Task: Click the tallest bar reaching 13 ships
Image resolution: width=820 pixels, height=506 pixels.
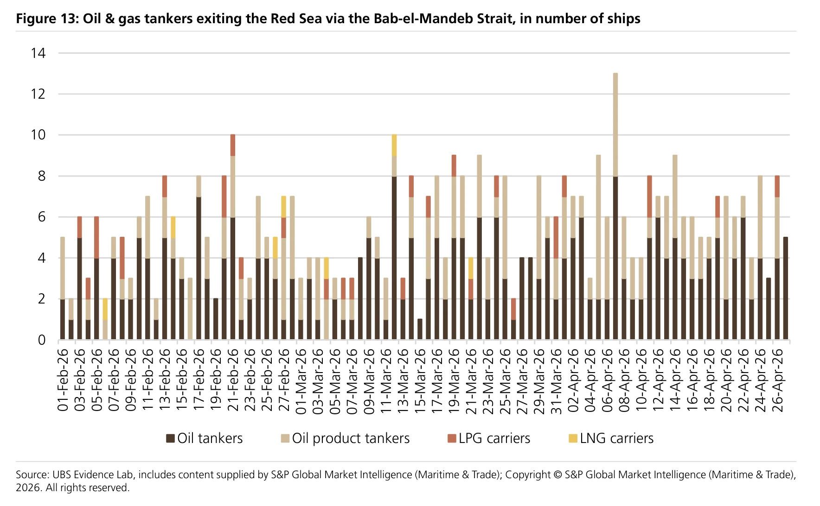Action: pyautogui.click(x=615, y=206)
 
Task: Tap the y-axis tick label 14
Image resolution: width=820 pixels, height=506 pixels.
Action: pyautogui.click(x=38, y=53)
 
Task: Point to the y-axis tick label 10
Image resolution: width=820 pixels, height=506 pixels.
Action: pyautogui.click(x=38, y=135)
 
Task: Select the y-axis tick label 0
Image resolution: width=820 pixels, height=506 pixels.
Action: pyautogui.click(x=42, y=340)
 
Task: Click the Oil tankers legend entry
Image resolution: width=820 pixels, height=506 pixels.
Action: pyautogui.click(x=205, y=438)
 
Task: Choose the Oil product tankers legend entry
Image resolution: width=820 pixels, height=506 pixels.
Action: pyautogui.click(x=346, y=438)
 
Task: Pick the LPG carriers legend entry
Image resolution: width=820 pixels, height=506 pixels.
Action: pyautogui.click(x=489, y=438)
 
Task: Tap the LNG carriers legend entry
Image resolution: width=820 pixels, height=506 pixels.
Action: pyautogui.click(x=611, y=438)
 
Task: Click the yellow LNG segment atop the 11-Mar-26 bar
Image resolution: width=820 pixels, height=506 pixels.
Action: pyautogui.click(x=394, y=145)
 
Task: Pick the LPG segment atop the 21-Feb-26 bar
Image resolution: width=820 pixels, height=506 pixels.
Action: pyautogui.click(x=233, y=145)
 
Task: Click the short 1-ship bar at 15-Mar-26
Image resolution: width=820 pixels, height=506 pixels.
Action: pyautogui.click(x=420, y=329)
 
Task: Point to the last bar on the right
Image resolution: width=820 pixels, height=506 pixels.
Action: pyautogui.click(x=786, y=288)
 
